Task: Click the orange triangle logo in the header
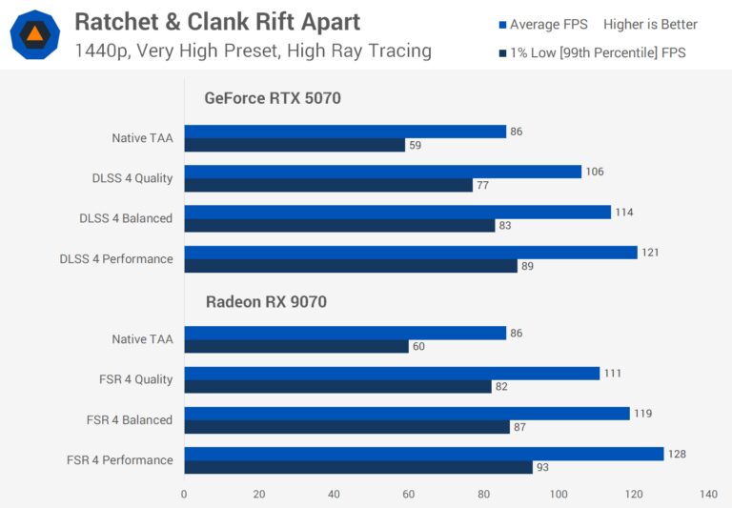pos(34,35)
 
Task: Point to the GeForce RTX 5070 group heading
pos(272,97)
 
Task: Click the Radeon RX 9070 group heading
pos(268,302)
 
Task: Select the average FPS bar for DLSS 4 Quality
pos(382,172)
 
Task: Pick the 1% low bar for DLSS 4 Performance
pos(351,266)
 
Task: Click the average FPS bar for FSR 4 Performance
pos(423,454)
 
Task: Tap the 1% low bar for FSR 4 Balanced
pos(347,427)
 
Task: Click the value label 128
pos(677,454)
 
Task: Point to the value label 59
pos(415,146)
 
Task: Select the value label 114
pos(623,213)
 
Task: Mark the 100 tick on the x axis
pos(559,494)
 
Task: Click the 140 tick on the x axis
pos(708,494)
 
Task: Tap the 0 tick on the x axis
pos(184,494)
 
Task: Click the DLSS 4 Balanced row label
pos(126,218)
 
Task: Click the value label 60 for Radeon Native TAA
pos(418,347)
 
